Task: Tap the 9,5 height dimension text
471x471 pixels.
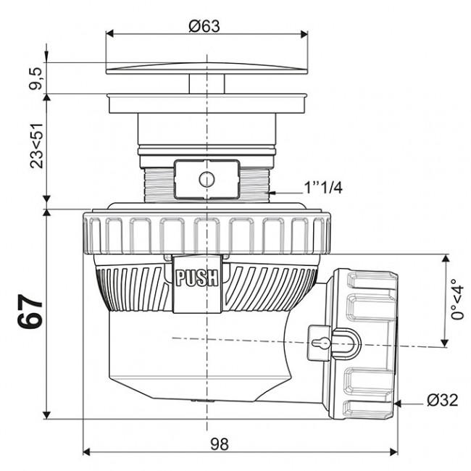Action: pos(33,77)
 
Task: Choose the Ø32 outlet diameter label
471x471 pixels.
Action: pos(442,400)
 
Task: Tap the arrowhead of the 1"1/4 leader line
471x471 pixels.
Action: pos(276,192)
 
